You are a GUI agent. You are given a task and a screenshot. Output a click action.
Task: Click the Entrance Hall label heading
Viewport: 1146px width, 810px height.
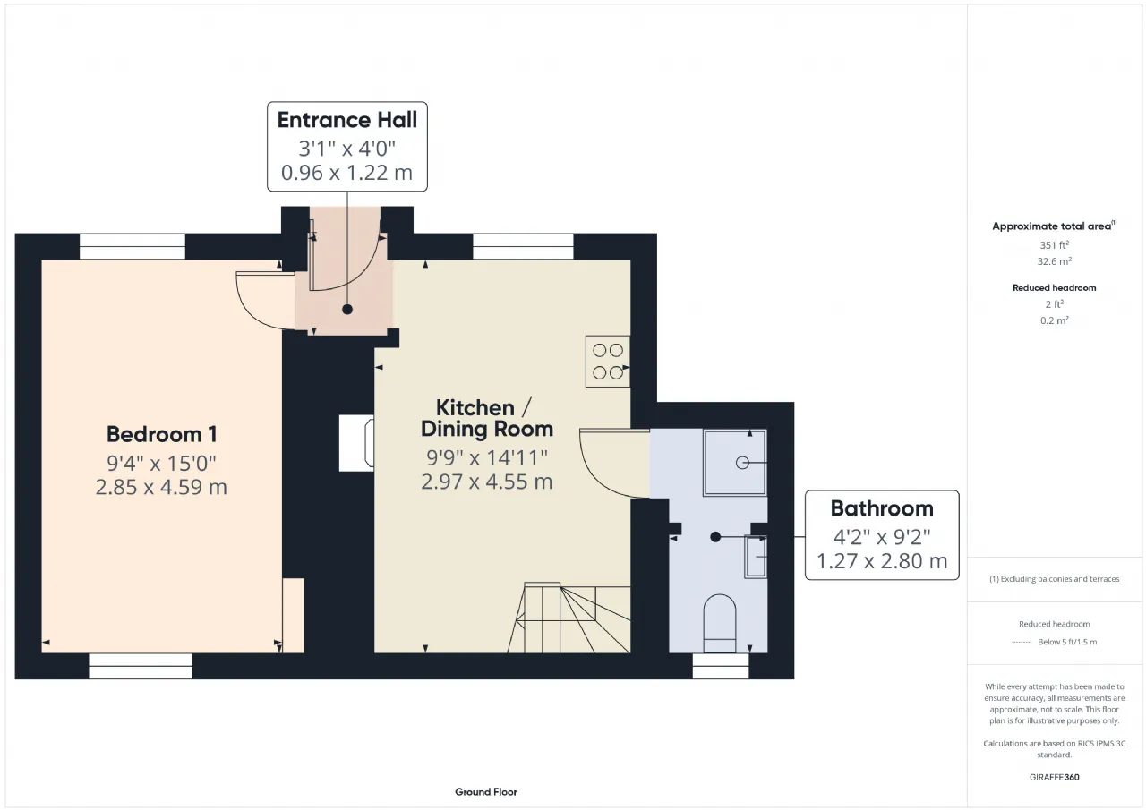[346, 120]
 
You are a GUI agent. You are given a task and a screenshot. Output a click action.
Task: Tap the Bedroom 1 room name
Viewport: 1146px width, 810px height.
[162, 434]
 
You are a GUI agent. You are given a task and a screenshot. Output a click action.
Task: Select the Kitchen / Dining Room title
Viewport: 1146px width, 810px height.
[486, 418]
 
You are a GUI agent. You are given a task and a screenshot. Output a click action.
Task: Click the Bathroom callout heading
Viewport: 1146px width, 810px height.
[882, 508]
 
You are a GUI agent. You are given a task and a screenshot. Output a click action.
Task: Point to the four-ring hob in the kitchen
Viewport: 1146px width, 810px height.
[608, 361]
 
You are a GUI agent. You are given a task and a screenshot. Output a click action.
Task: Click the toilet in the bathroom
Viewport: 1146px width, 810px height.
[719, 623]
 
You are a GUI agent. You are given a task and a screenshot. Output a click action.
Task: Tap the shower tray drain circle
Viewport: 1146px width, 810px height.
[742, 463]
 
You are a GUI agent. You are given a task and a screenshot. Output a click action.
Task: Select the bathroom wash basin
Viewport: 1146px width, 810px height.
[755, 557]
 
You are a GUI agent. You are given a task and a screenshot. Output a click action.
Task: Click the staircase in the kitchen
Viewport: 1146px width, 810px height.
[569, 618]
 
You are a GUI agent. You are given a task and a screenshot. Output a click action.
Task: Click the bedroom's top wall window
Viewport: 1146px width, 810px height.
[132, 246]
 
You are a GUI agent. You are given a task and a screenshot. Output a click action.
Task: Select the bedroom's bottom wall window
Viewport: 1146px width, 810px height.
[141, 666]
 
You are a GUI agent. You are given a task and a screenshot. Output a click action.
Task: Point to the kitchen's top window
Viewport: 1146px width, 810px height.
[523, 246]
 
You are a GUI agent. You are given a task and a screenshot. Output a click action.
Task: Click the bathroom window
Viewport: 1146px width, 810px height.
[721, 666]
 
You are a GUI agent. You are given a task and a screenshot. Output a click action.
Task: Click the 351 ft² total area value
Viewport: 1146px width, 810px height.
[1054, 245]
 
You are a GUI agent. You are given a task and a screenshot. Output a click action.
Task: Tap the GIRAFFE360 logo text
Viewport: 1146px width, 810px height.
[1054, 777]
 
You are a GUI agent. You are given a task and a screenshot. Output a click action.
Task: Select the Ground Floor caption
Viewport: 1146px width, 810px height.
[486, 792]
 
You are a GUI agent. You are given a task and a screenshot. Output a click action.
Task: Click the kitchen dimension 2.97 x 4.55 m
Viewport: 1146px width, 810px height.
[486, 482]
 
